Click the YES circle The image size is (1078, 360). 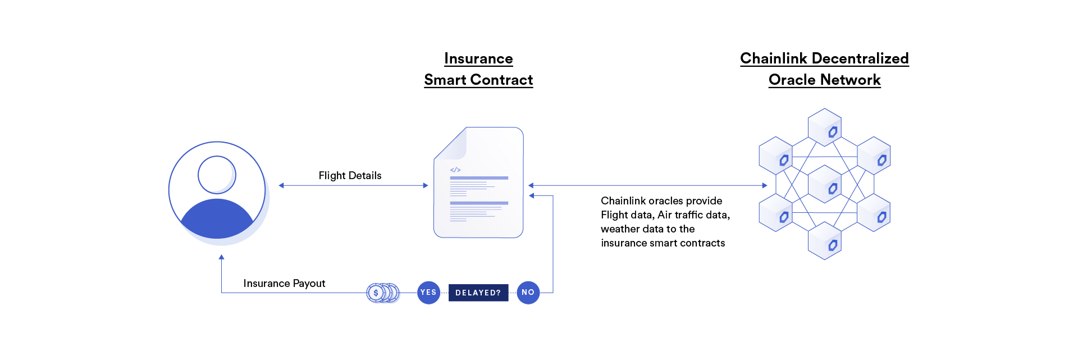tap(428, 293)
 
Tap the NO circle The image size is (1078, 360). tap(528, 293)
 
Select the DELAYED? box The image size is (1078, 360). tap(478, 293)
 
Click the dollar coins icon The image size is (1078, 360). tap(382, 293)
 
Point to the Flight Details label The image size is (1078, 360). tap(350, 176)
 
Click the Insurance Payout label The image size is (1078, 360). tap(284, 284)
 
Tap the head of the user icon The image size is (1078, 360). tap(217, 175)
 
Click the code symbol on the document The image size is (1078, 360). tap(455, 170)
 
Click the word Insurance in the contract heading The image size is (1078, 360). tap(478, 59)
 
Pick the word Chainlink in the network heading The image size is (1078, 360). tap(773, 58)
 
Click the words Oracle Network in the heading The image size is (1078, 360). tap(824, 80)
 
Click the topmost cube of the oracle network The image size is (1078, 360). tap(825, 127)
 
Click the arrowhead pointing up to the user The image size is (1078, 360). tap(222, 257)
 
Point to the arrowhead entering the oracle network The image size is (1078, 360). tap(764, 185)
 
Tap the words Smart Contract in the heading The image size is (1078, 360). tap(478, 80)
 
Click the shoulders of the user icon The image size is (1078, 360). tap(217, 220)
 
